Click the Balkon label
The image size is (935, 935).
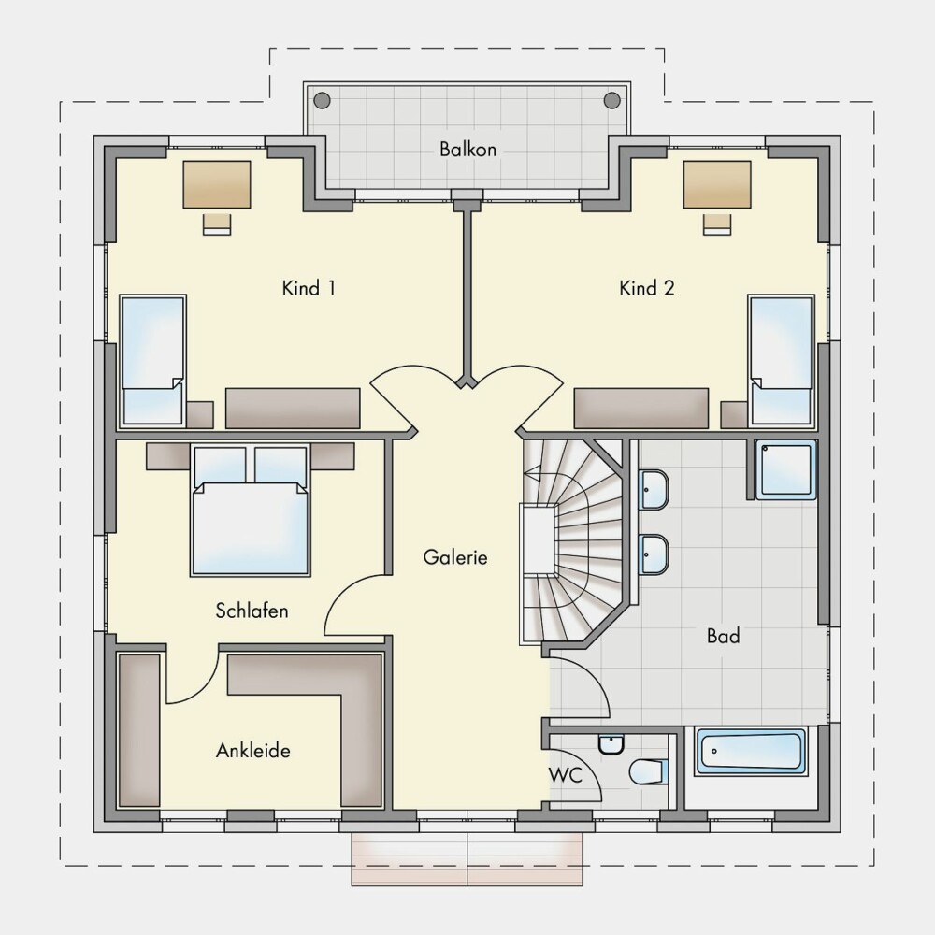467,149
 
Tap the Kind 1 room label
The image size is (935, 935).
309,289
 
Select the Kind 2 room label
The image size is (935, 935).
646,289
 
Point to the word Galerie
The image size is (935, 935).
455,557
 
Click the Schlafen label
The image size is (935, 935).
252,611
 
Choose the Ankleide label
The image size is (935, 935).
252,750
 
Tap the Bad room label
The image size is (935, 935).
723,636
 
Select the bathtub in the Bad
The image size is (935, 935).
751,752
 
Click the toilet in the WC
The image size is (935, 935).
648,771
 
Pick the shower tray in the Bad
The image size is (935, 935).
785,469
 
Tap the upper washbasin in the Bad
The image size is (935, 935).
654,490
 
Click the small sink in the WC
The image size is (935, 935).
611,744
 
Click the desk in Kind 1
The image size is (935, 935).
217,184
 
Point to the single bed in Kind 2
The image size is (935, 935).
782,361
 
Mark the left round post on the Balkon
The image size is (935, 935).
322,100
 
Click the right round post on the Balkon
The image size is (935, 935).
611,100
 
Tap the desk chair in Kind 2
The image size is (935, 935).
717,223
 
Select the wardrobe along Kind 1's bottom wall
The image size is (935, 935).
293,409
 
